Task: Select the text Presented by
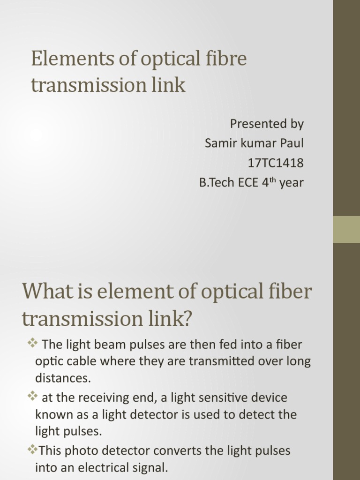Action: [x=266, y=124]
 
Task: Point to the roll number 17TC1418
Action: [x=276, y=163]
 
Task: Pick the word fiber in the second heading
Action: [x=290, y=292]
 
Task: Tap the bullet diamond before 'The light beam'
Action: [x=32, y=344]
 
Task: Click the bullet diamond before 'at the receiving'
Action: [x=32, y=397]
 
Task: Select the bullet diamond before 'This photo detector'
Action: [x=32, y=450]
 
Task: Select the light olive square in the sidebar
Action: [x=346, y=229]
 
